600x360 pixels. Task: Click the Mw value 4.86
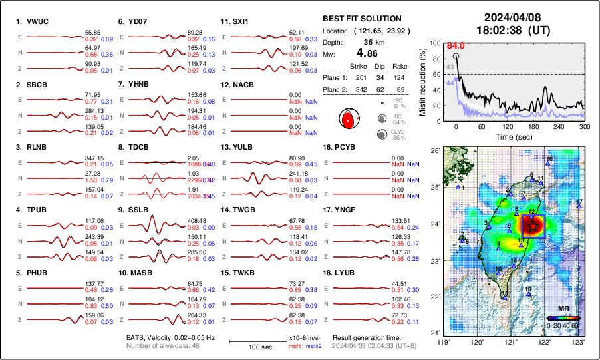371,53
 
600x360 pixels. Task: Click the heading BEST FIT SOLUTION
361,19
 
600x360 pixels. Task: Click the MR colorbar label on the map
563,309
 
